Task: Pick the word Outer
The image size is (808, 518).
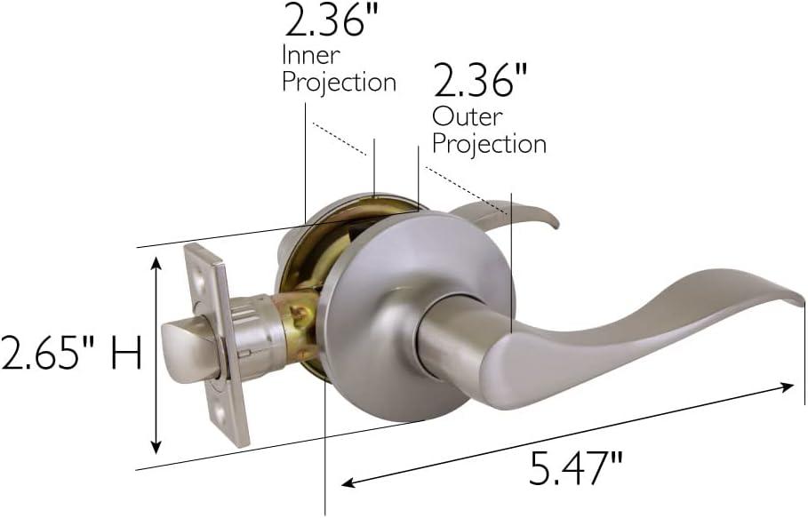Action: [467, 116]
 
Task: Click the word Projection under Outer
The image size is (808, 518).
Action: [489, 143]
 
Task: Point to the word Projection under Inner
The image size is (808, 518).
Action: [339, 82]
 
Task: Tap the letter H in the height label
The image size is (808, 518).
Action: [126, 354]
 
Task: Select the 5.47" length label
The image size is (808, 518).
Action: [575, 467]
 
